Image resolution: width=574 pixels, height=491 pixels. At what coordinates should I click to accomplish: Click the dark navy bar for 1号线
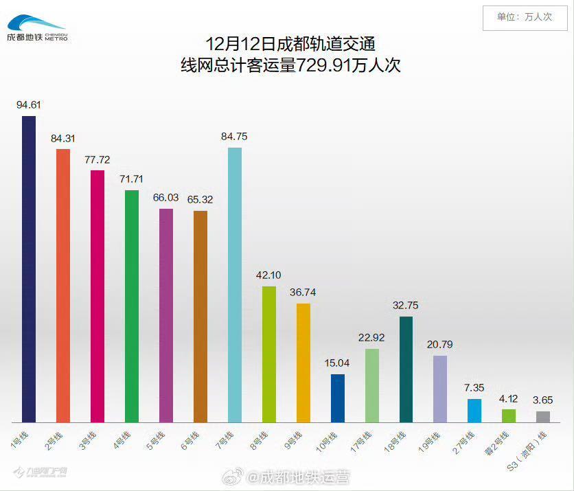point(28,269)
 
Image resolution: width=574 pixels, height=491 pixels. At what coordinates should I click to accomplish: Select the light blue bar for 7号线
point(234,284)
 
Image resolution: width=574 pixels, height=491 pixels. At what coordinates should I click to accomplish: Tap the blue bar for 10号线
point(337,398)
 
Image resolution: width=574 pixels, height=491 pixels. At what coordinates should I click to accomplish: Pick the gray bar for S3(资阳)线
point(542,416)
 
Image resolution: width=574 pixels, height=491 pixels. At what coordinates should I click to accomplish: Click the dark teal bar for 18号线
point(406,369)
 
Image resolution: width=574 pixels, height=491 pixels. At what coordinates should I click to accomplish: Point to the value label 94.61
point(28,105)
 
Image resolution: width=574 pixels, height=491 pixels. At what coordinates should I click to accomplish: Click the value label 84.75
point(234,137)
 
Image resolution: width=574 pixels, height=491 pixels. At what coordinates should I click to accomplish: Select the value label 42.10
point(268,275)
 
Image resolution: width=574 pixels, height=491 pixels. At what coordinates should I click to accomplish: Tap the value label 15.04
point(337,363)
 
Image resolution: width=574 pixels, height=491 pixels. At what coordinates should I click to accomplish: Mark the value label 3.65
point(543,400)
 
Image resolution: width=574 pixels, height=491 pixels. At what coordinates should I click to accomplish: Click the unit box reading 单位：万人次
point(524,17)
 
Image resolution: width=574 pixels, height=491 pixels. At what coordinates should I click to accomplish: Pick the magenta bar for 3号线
point(97,296)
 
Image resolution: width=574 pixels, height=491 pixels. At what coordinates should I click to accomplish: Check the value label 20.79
point(440,345)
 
